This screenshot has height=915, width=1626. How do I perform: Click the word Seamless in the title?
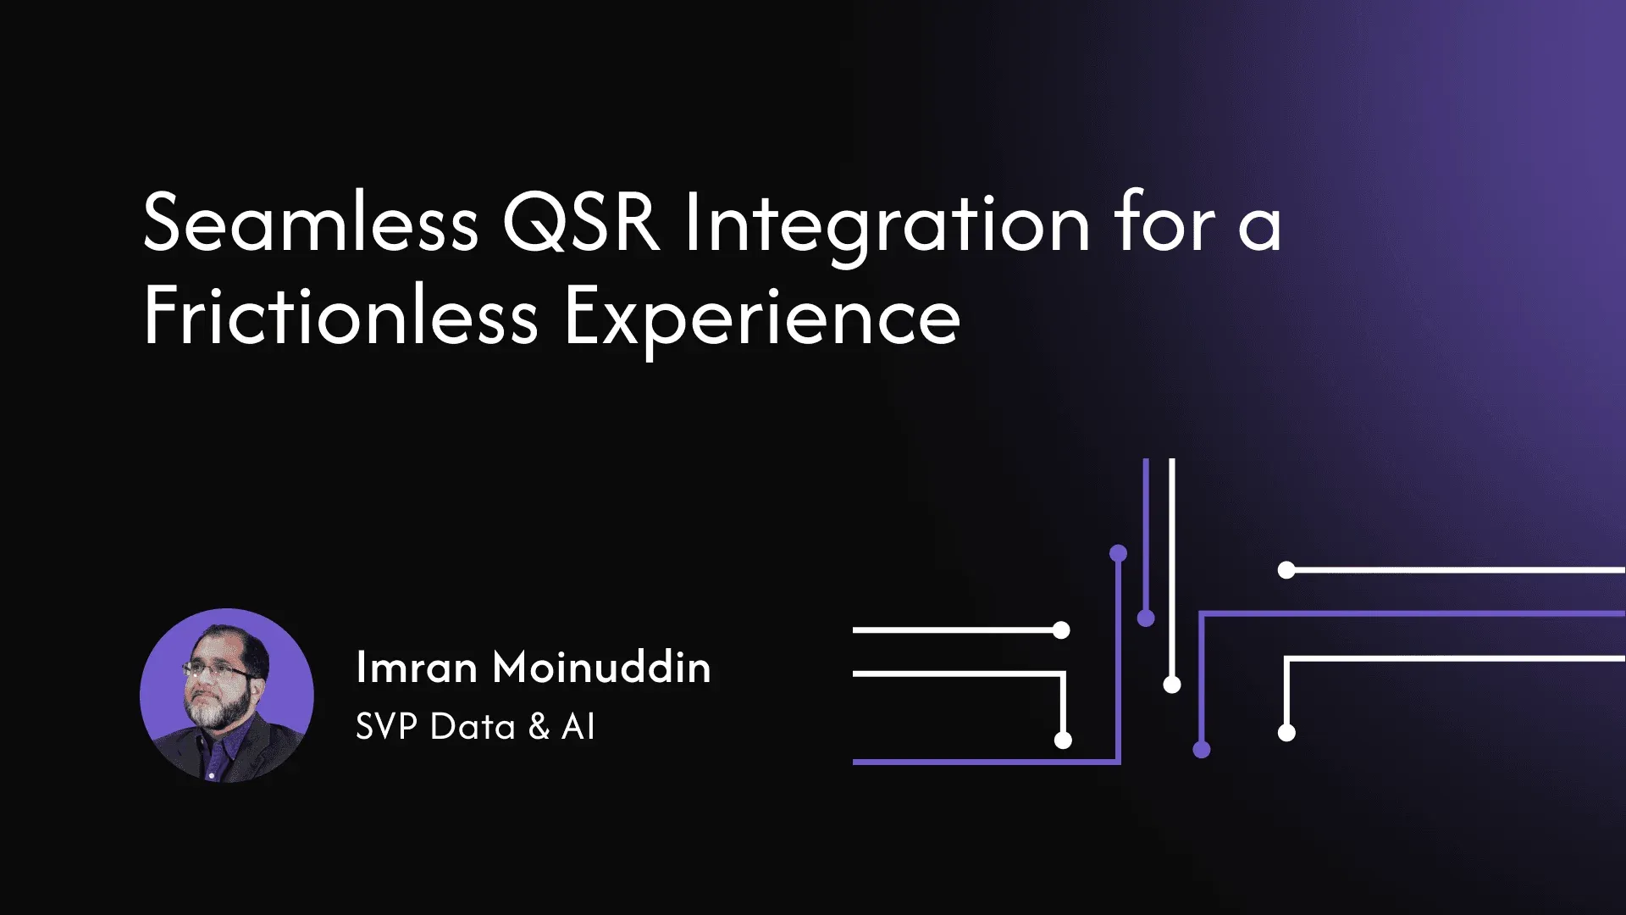(x=311, y=224)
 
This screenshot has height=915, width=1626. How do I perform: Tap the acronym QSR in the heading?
(x=581, y=222)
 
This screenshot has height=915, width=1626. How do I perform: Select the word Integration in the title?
(x=887, y=224)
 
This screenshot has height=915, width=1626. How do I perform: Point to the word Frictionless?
(x=340, y=317)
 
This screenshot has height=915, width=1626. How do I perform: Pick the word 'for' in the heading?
(x=1165, y=222)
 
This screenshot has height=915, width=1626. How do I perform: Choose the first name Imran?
(x=416, y=668)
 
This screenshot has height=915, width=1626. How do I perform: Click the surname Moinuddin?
(x=601, y=668)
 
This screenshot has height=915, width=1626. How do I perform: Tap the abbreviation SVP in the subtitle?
(x=386, y=727)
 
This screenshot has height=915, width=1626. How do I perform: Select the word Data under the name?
(x=473, y=727)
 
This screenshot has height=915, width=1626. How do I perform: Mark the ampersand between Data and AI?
(x=539, y=727)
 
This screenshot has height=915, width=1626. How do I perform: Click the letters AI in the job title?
(x=578, y=727)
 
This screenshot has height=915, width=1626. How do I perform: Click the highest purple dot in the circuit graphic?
(x=1118, y=554)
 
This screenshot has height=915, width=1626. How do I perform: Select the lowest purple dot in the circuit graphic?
(x=1201, y=749)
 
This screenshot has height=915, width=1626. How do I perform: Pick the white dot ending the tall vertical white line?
(x=1172, y=685)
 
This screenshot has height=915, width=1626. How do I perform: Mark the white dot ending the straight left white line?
(x=1061, y=630)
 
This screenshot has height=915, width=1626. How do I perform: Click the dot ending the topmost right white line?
(x=1286, y=570)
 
